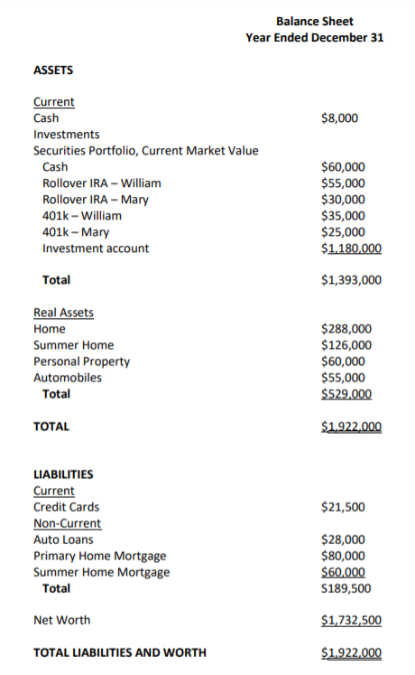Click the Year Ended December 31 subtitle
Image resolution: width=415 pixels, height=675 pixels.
[315, 37]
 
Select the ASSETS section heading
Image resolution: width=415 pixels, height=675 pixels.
[53, 70]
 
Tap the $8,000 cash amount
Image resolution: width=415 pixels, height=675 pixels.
[339, 117]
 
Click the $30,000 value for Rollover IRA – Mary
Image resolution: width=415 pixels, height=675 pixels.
[343, 199]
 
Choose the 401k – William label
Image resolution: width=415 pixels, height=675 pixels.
[82, 215]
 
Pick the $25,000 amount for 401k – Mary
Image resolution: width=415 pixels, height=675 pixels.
[343, 231]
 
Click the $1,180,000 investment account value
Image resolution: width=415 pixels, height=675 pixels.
[351, 248]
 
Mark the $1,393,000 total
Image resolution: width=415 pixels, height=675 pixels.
[351, 280]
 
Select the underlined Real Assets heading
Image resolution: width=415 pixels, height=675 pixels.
[63, 313]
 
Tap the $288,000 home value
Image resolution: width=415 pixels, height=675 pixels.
[346, 329]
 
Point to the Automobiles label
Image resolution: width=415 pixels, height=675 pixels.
[68, 378]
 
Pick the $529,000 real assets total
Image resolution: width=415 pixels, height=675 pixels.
[346, 394]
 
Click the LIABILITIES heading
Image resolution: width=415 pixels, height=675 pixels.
[63, 474]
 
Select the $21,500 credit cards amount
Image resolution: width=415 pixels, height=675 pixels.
[343, 507]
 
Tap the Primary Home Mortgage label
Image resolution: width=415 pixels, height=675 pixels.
[99, 556]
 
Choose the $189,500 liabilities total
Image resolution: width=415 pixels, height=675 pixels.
[346, 588]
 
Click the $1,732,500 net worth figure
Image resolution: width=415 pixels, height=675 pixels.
[351, 621]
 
